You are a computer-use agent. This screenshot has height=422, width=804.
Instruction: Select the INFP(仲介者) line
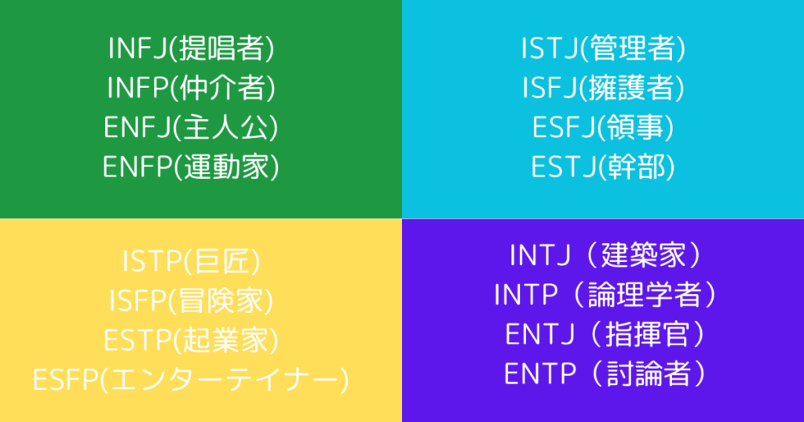click(x=192, y=88)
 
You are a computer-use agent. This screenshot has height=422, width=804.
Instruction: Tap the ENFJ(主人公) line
click(x=192, y=126)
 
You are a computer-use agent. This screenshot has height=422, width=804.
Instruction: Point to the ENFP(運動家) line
click(x=192, y=166)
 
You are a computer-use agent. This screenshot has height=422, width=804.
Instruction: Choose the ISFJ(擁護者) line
click(x=603, y=88)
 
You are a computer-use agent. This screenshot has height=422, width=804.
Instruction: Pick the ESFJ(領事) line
click(x=603, y=126)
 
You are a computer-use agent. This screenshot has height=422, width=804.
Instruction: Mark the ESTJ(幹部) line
click(x=603, y=166)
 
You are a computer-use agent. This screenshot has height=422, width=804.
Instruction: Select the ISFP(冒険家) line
click(x=192, y=301)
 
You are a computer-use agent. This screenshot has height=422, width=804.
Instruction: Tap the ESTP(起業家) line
click(x=192, y=340)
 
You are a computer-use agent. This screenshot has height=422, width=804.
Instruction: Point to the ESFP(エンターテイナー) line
click(x=192, y=379)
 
